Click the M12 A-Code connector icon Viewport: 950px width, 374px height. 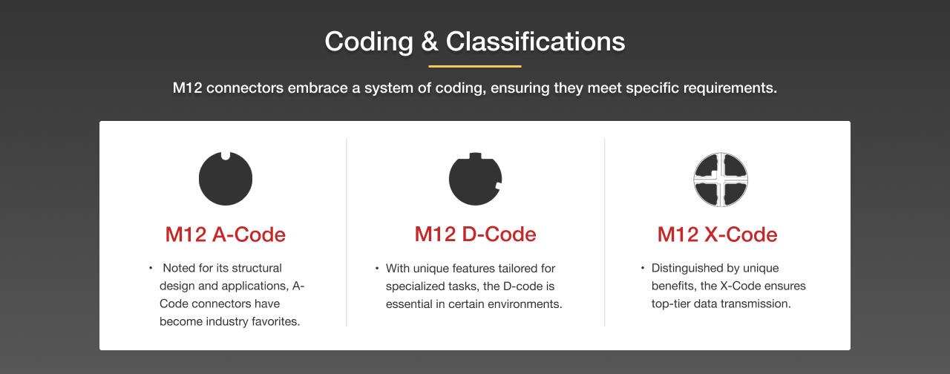pos(226,180)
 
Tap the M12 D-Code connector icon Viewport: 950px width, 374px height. pos(475,180)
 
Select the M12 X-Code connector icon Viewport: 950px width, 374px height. pos(720,180)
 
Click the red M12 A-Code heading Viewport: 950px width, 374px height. pos(226,234)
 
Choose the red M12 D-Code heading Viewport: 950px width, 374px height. pos(475,234)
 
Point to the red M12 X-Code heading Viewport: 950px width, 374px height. pos(718,234)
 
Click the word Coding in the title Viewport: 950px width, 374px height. pos(368,42)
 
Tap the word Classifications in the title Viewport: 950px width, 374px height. pos(535,42)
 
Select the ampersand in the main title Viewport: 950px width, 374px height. pos(430,42)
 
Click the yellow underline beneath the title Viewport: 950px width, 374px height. pos(475,66)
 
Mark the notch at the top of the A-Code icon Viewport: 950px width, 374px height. pos(226,156)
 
